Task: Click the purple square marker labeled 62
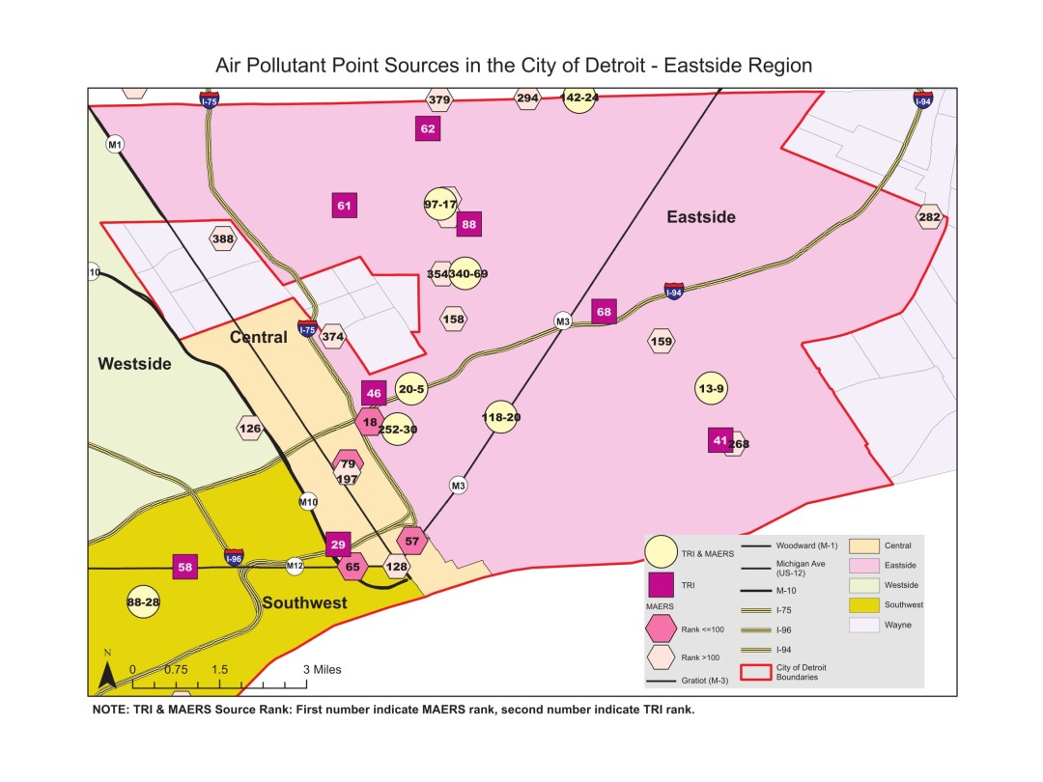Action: [429, 128]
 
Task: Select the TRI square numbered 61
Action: [345, 205]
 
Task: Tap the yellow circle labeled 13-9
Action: [711, 389]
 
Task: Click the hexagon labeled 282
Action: [928, 217]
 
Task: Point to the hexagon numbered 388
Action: [223, 238]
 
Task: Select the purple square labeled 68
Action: [604, 311]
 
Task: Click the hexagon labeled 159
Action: [662, 341]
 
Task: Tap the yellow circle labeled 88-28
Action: [143, 602]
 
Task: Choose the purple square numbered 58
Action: [184, 567]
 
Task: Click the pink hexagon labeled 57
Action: [412, 542]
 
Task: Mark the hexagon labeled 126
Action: [249, 429]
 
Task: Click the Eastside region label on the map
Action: [701, 217]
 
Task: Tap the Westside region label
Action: [134, 364]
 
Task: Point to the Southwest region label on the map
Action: [304, 603]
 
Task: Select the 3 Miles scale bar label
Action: [322, 669]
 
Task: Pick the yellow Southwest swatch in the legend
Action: [861, 604]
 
